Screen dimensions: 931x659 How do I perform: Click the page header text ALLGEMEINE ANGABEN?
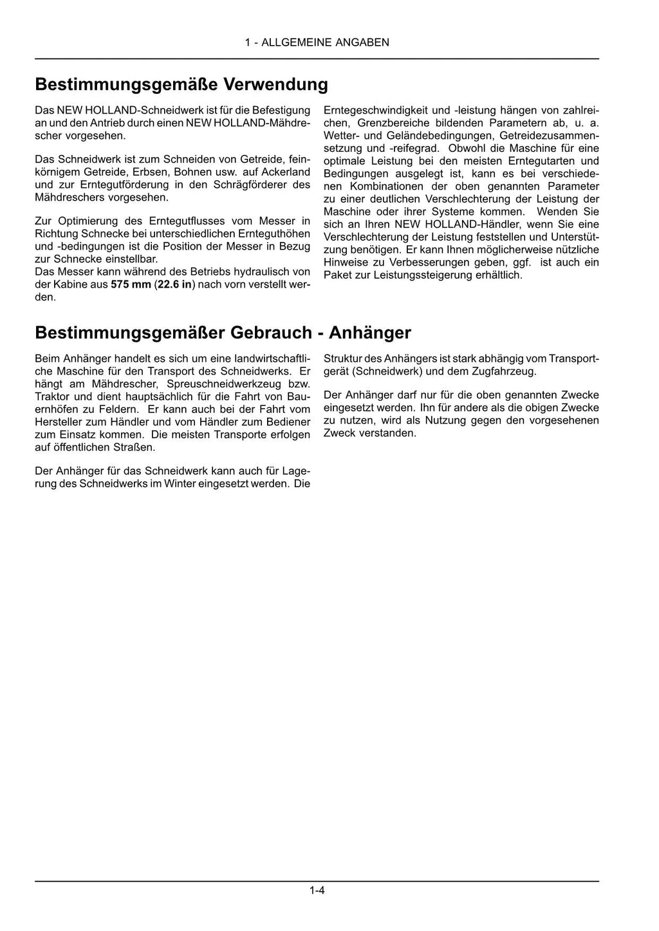325,42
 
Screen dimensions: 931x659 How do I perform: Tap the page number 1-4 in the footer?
317,891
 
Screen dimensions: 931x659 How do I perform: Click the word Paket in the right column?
337,275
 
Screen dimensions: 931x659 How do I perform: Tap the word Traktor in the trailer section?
53,397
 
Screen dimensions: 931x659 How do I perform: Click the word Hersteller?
59,422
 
